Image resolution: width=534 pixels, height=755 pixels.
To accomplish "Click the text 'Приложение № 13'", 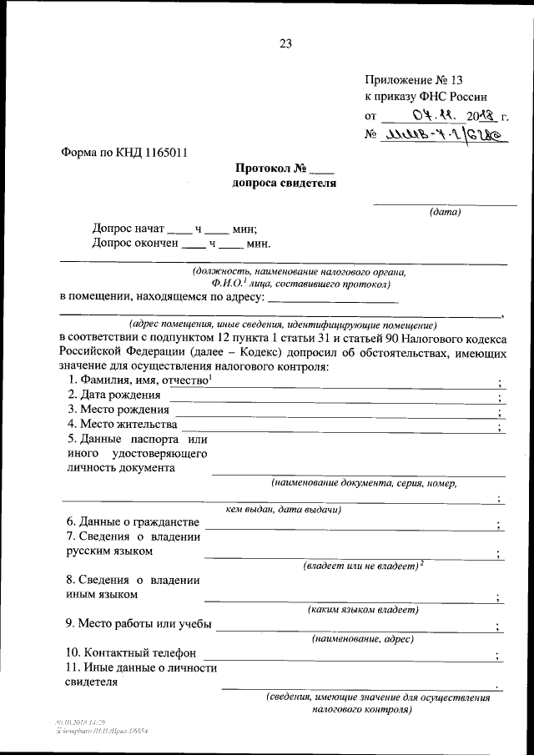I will tap(413, 80).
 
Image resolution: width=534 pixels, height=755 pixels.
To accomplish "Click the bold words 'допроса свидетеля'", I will tap(284, 184).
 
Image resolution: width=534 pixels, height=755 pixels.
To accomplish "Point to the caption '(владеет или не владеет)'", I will tap(360, 566).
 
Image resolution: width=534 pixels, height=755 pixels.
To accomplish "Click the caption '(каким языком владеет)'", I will tap(362, 610).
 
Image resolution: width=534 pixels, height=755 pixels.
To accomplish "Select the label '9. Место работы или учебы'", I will tap(139, 624).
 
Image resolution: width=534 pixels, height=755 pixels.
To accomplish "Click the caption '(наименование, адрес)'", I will tap(361, 639).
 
